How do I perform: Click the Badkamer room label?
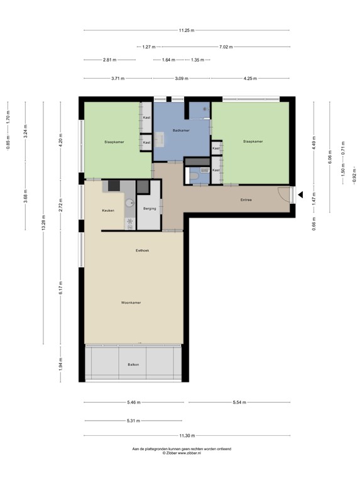click(x=181, y=130)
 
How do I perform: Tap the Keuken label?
click(x=108, y=210)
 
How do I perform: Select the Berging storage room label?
click(x=150, y=208)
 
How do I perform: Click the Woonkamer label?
click(x=131, y=303)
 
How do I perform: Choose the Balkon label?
click(x=133, y=365)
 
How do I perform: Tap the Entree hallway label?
click(x=246, y=200)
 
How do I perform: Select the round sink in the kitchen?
click(x=129, y=203)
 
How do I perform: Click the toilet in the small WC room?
click(x=195, y=177)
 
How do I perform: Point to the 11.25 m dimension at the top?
click(x=187, y=30)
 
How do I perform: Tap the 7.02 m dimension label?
click(x=226, y=47)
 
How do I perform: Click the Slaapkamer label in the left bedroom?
click(x=114, y=142)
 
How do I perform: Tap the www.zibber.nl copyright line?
click(x=182, y=452)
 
